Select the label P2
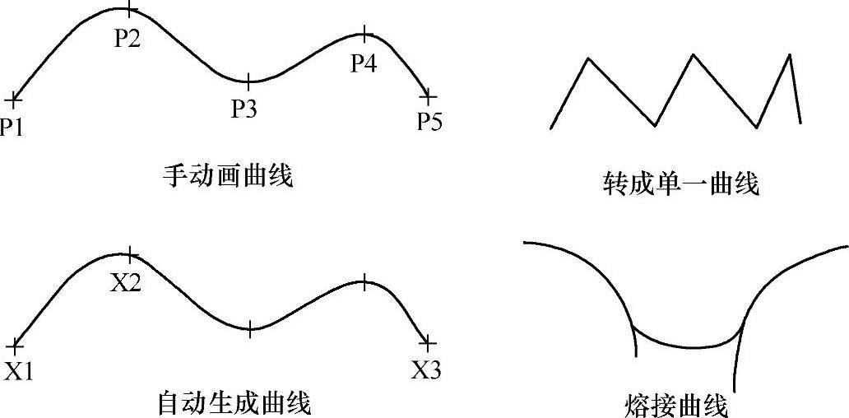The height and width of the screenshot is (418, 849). pos(127,39)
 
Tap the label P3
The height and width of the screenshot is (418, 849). pos(244,109)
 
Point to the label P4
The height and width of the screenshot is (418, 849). pos(364,63)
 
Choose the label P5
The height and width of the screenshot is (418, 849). pos(429,123)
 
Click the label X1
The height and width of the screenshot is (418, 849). pos(18,371)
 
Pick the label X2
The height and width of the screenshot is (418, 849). pos(126,283)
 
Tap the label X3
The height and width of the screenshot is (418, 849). pos(426,370)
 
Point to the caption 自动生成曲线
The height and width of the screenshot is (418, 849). pos(234,404)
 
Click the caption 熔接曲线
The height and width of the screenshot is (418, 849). pos(677,406)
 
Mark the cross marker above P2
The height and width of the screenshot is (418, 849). pos(128,10)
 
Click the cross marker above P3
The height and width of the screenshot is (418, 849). pos(248,81)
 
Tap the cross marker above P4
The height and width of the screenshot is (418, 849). pos(364,35)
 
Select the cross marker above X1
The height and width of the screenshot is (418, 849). pos(14,345)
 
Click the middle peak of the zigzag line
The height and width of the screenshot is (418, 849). pos(694,55)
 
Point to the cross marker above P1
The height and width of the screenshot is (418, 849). pos(13,100)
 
